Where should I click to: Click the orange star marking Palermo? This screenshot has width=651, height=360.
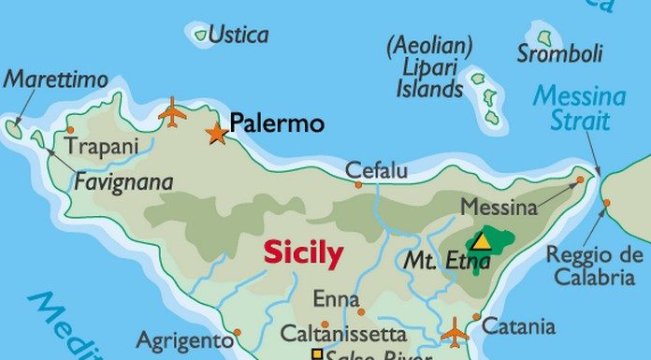[217, 133]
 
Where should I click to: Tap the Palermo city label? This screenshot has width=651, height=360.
[277, 123]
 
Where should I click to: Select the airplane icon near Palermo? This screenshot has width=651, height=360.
[172, 112]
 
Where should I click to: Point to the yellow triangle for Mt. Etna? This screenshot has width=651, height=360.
[481, 242]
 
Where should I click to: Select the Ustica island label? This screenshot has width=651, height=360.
[238, 36]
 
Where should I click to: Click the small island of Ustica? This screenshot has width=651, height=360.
[200, 36]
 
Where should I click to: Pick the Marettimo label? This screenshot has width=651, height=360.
[56, 80]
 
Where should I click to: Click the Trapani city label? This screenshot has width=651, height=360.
[101, 147]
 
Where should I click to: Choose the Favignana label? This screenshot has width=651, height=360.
[123, 181]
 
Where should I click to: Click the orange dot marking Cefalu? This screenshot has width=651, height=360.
[358, 185]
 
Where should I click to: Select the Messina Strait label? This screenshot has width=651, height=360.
[580, 108]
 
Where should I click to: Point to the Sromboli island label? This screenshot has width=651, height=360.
[560, 53]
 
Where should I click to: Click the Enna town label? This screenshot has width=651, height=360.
[337, 300]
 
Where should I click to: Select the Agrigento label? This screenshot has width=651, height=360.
[184, 339]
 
